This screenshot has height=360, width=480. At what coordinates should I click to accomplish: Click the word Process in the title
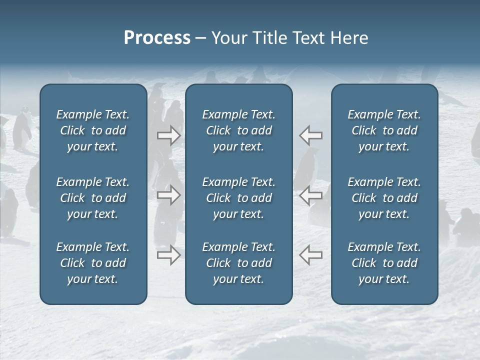[157, 38]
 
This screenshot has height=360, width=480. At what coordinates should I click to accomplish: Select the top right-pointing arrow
[169, 135]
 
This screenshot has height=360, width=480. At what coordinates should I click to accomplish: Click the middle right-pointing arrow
[169, 195]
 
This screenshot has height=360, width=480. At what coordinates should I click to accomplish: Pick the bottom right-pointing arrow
[169, 255]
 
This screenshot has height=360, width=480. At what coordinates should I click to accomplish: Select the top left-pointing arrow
[311, 135]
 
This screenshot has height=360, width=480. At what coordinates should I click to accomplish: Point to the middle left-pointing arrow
[311, 195]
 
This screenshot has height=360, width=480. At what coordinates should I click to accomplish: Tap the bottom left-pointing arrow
[311, 255]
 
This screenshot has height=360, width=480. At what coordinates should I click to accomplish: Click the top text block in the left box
[93, 130]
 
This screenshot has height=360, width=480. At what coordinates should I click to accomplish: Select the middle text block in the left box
[93, 198]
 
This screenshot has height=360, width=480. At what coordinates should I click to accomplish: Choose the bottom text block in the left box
[93, 263]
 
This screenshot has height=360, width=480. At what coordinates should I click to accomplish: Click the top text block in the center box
[239, 130]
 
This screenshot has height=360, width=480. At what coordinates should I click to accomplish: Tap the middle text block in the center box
[239, 198]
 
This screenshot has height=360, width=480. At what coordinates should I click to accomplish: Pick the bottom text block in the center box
[239, 263]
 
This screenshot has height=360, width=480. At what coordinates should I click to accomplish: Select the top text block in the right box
[384, 130]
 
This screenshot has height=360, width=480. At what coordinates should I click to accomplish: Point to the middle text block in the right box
[384, 198]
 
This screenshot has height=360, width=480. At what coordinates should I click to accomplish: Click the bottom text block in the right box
[384, 263]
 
